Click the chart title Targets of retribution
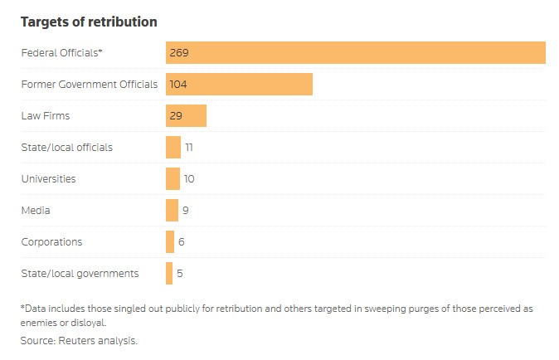point(89,22)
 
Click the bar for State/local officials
point(173,147)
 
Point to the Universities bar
point(173,178)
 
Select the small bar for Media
point(172,210)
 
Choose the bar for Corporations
point(170,241)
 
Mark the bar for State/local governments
point(169,273)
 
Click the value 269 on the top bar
point(179,52)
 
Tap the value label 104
point(179,84)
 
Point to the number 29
point(176,115)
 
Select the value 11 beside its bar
point(189,147)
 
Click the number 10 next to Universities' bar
point(189,178)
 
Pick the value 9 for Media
point(186,210)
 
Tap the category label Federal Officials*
point(61,52)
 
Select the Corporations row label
point(51,241)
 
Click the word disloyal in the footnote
point(89,322)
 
